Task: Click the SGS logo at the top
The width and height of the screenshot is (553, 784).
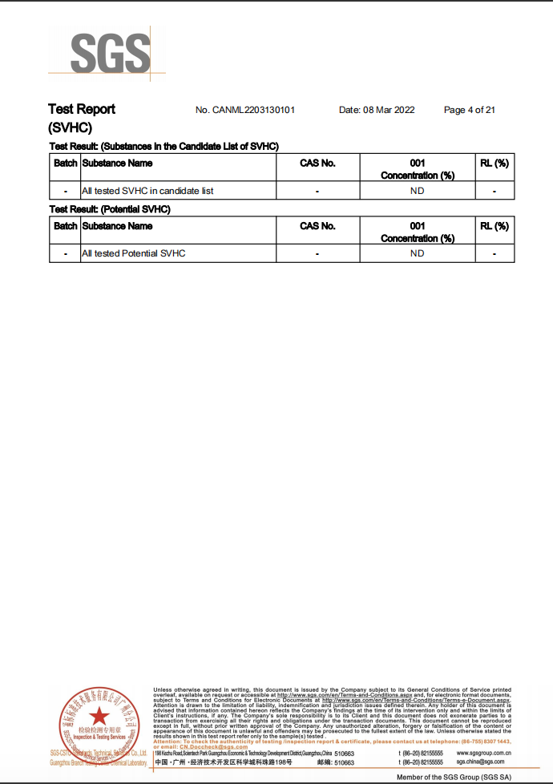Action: [110, 54]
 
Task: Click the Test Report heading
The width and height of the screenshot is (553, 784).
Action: [82, 109]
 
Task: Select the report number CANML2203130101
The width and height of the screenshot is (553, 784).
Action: [245, 110]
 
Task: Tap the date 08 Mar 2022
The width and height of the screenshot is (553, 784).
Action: [377, 110]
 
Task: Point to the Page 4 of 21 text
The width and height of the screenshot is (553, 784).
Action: [469, 110]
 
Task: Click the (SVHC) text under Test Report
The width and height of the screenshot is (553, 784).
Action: [71, 127]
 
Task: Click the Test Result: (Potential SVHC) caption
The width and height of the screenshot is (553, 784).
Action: [110, 209]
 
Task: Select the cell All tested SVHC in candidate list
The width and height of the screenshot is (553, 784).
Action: [147, 191]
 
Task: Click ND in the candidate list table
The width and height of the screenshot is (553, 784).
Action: [417, 191]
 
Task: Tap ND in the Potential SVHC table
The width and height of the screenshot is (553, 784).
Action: [417, 253]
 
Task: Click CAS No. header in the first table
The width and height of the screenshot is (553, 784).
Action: [317, 164]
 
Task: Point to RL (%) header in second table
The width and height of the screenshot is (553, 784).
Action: [494, 226]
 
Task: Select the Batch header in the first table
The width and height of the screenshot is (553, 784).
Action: [65, 164]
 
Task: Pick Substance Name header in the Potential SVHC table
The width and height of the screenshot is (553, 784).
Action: [117, 226]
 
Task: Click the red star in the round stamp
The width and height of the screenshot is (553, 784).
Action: [99, 716]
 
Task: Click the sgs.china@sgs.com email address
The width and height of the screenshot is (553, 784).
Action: [481, 762]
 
